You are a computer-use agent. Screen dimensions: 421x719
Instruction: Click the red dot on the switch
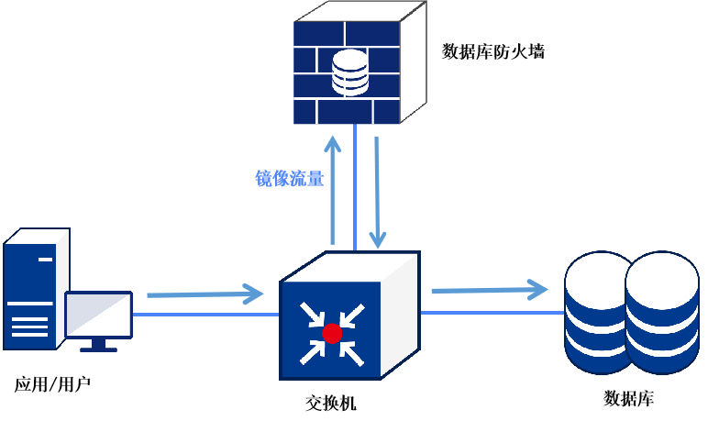point(332,334)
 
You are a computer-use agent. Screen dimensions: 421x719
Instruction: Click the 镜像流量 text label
point(289,179)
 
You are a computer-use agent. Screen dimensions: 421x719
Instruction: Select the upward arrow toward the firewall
point(333,188)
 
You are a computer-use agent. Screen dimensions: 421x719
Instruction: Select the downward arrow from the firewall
point(377,193)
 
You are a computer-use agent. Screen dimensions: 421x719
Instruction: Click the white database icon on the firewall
point(349,72)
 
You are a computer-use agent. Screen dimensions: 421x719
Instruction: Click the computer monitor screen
point(98,316)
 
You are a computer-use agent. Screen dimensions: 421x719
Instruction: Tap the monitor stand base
point(98,349)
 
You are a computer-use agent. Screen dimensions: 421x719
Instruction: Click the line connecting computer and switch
point(206,315)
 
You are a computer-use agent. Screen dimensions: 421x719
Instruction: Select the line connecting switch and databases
point(491,313)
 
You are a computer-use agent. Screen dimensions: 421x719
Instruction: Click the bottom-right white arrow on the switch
point(353,354)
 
